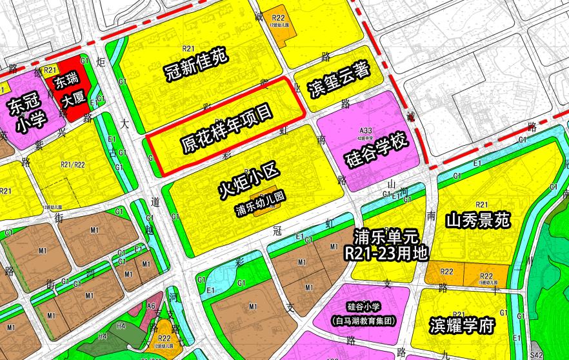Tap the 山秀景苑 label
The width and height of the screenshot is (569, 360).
pos(478,221)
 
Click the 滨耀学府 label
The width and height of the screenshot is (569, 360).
pos(461,325)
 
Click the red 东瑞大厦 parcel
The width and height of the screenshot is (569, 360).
pos(66,92)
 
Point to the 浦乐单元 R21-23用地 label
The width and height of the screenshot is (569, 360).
pos(386,244)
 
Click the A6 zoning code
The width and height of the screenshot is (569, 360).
pos(152,306)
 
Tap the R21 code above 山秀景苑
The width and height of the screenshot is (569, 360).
pos(481,205)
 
